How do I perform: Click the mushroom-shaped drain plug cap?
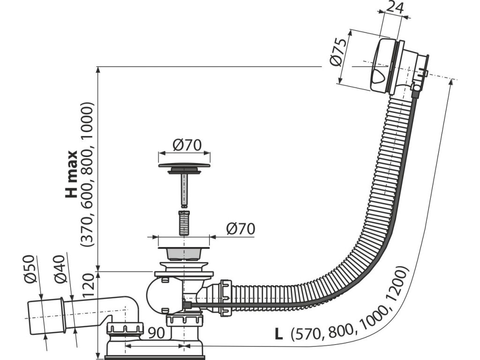[x=184, y=166]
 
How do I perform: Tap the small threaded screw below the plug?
[x=184, y=224]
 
